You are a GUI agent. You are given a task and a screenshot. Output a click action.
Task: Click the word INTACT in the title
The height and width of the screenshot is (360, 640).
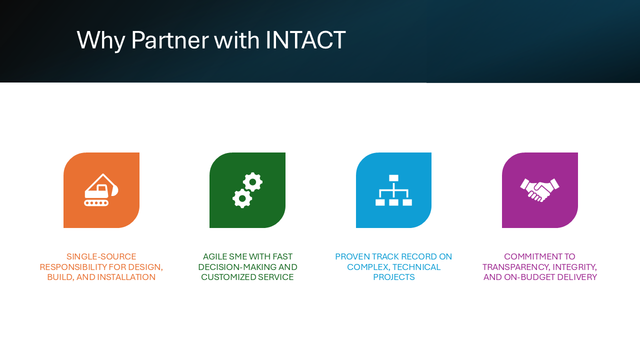305,40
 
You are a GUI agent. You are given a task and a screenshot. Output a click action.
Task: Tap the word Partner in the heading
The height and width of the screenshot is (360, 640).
170,40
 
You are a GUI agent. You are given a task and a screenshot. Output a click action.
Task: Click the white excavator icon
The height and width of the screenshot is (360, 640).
101,189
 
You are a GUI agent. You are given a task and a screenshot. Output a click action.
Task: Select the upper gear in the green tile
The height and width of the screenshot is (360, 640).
252,182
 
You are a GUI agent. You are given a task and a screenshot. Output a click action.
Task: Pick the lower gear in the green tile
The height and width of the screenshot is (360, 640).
242,198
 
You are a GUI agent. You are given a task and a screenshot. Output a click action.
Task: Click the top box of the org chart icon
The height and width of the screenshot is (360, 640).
393,177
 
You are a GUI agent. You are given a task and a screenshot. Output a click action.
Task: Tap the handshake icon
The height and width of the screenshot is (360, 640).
539,190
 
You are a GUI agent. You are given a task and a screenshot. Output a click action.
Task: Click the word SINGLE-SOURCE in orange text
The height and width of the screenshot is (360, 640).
101,256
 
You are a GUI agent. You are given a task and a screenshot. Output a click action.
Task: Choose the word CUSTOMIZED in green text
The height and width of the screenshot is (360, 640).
228,277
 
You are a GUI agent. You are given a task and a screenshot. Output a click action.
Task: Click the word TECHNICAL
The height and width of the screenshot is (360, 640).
416,267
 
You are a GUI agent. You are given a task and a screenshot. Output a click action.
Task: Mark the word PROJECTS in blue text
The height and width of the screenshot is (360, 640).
393,277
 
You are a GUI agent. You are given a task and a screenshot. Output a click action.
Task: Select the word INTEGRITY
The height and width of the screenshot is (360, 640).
574,267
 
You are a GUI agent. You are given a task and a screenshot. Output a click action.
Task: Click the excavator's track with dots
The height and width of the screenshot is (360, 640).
96,203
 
